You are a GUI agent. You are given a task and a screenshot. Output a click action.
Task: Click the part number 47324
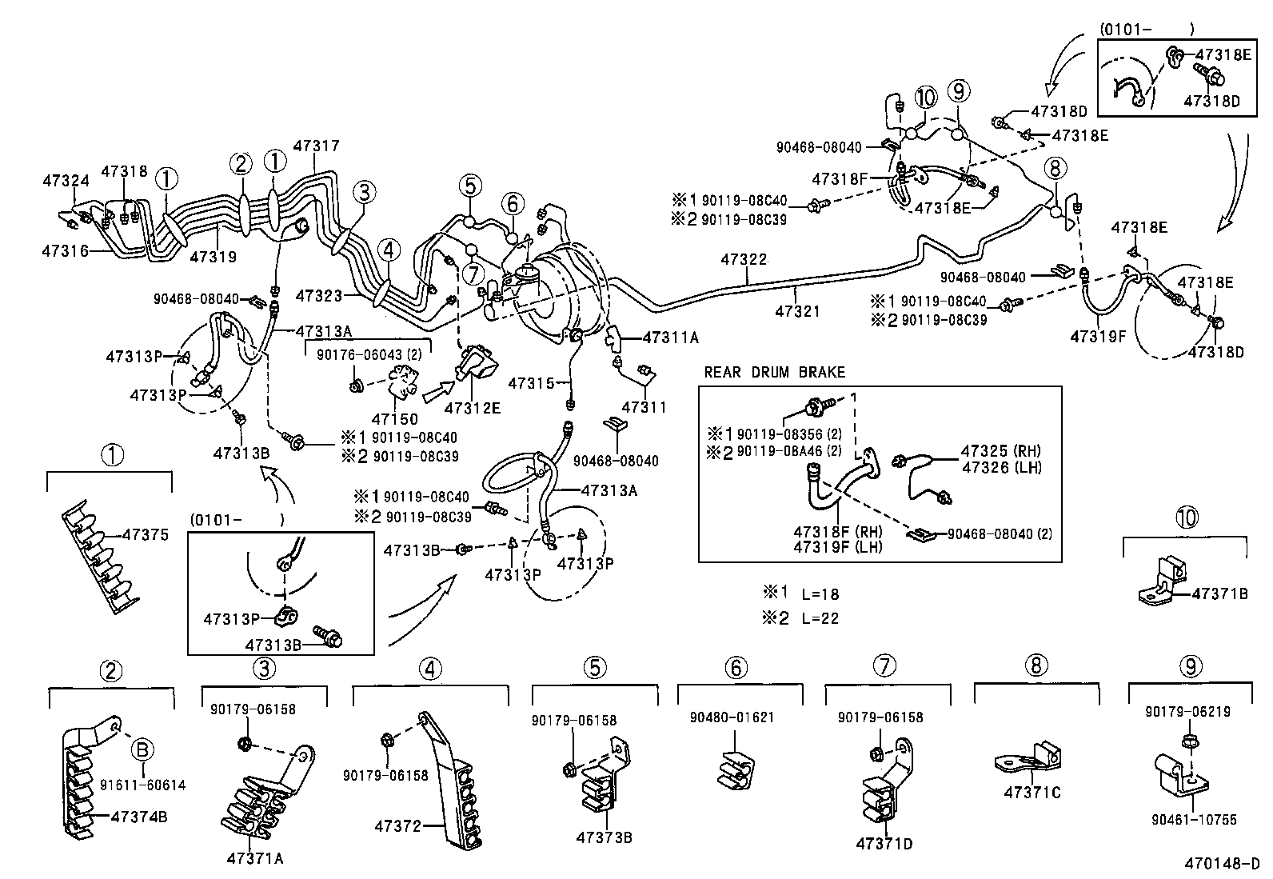pyautogui.click(x=66, y=182)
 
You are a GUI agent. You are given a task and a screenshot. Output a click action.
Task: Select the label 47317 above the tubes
pyautogui.click(x=316, y=146)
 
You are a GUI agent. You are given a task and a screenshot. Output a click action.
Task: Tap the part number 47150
pyautogui.click(x=394, y=419)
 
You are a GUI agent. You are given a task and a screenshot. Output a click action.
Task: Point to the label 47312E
pyautogui.click(x=473, y=408)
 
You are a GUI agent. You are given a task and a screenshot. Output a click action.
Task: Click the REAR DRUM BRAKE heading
pyautogui.click(x=774, y=373)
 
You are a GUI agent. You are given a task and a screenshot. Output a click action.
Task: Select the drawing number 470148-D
pyautogui.click(x=1222, y=864)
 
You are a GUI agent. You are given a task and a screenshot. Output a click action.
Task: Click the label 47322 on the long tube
pyautogui.click(x=744, y=260)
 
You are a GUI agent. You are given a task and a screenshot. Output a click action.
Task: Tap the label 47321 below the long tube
pyautogui.click(x=796, y=312)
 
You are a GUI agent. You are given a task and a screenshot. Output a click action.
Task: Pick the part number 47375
pyautogui.click(x=146, y=535)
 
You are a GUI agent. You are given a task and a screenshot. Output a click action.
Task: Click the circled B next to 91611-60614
pyautogui.click(x=142, y=750)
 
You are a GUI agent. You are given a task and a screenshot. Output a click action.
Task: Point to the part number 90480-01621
pyautogui.click(x=732, y=717)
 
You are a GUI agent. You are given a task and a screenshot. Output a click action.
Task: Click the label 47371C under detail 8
pyautogui.click(x=1032, y=793)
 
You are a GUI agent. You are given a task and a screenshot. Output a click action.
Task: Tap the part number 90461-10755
pyautogui.click(x=1194, y=820)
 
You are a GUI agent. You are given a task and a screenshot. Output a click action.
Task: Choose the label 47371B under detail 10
pyautogui.click(x=1219, y=593)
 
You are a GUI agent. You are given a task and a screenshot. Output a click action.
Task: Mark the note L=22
pyautogui.click(x=820, y=618)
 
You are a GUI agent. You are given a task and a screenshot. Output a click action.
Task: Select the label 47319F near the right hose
pyautogui.click(x=1098, y=337)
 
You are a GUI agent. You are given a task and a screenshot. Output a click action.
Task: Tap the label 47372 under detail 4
pyautogui.click(x=397, y=826)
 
